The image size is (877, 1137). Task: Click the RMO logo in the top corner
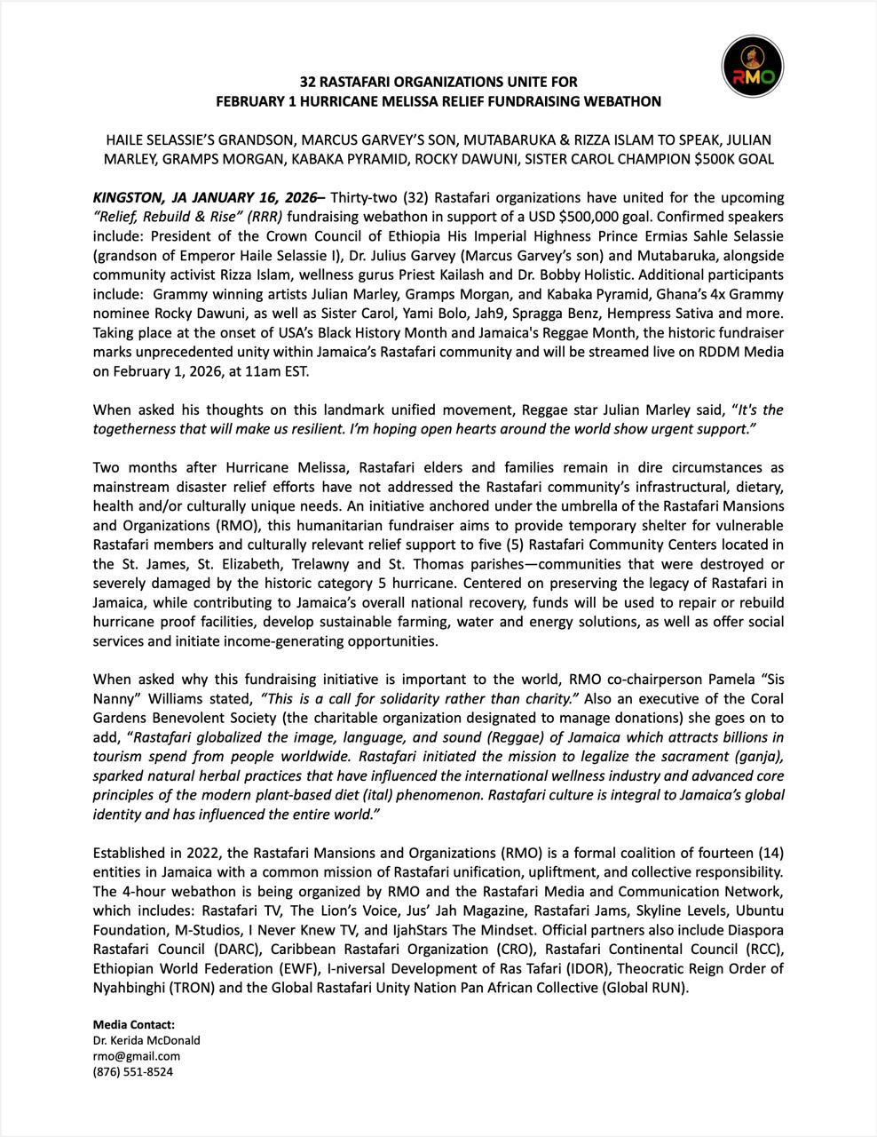753,67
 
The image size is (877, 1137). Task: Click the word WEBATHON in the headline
621,101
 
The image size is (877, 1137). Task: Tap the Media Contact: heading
134,1024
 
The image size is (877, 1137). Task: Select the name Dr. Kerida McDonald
146,1040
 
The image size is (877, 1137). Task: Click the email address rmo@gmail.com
137,1056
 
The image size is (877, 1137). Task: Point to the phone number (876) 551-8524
133,1072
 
